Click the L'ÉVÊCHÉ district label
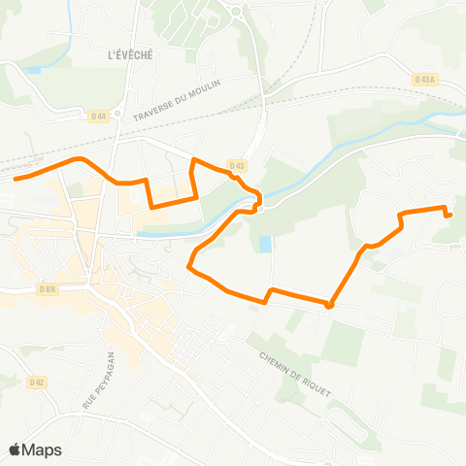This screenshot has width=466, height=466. [131, 55]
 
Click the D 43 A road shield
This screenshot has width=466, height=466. [422, 80]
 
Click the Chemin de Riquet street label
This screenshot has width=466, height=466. [295, 374]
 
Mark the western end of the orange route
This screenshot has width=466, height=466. [16, 178]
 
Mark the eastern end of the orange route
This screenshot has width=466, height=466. [449, 216]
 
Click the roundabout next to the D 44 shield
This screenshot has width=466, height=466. [116, 114]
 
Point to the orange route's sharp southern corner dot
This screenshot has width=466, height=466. [329, 305]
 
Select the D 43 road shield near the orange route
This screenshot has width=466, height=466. [237, 164]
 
